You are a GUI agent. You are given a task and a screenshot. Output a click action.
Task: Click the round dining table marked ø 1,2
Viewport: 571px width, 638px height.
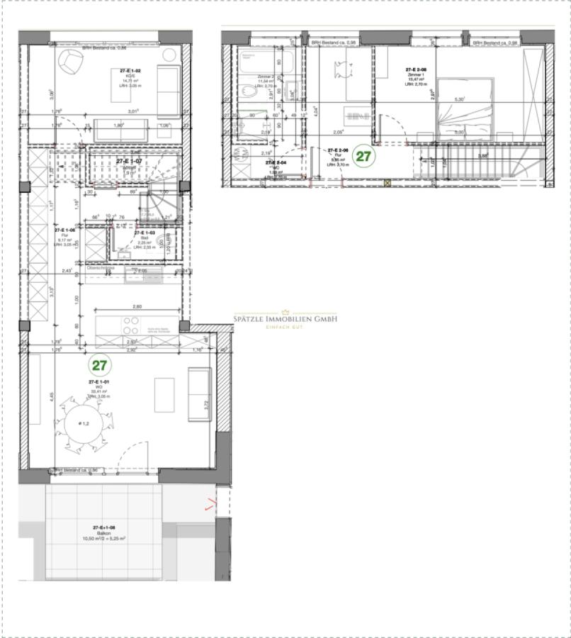84,423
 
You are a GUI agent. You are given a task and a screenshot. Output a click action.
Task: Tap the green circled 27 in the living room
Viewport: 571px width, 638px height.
99,365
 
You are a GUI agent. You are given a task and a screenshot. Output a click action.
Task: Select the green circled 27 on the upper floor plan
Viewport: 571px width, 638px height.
363,156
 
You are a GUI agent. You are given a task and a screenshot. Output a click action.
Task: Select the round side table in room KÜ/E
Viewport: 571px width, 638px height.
169,55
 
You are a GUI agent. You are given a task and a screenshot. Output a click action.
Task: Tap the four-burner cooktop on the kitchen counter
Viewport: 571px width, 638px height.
130,325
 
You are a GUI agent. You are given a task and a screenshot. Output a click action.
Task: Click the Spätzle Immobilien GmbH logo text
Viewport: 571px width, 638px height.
285,319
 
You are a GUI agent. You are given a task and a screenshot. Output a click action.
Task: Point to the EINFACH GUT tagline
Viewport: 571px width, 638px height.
285,327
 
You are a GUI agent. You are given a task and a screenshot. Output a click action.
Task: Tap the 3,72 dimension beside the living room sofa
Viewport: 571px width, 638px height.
205,404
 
